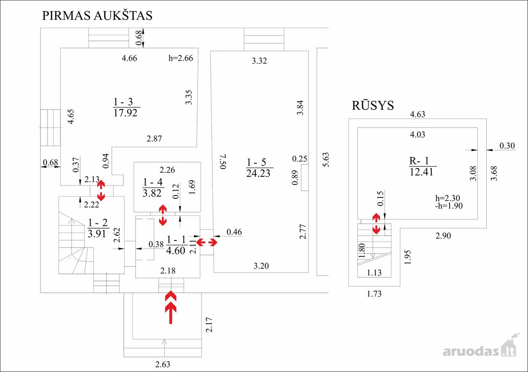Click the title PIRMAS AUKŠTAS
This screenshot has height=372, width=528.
click(x=97, y=15)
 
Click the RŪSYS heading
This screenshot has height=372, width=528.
click(x=373, y=105)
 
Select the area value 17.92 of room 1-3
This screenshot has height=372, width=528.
click(x=125, y=113)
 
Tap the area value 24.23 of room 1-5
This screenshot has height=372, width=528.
click(x=258, y=173)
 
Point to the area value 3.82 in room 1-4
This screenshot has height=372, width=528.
click(x=152, y=193)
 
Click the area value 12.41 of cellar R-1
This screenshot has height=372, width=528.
click(x=421, y=172)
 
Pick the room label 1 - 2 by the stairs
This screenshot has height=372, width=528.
click(x=98, y=222)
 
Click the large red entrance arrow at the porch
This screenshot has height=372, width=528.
click(x=171, y=307)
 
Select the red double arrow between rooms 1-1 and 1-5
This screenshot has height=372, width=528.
click(x=207, y=242)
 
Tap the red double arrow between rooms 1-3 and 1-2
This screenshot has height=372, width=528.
click(x=101, y=190)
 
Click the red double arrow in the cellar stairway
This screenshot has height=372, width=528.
click(x=376, y=223)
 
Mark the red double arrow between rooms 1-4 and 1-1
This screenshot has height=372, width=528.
click(x=163, y=215)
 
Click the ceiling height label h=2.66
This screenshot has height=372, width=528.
click(x=180, y=58)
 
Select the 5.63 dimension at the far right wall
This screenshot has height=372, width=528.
click(x=325, y=160)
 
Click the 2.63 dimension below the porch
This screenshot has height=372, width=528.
click(x=163, y=364)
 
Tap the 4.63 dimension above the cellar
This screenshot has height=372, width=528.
click(x=418, y=114)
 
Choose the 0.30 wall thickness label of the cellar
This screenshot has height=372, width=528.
click(x=507, y=146)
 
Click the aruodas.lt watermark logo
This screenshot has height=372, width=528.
click(x=481, y=346)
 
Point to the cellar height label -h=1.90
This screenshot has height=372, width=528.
click(x=449, y=206)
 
